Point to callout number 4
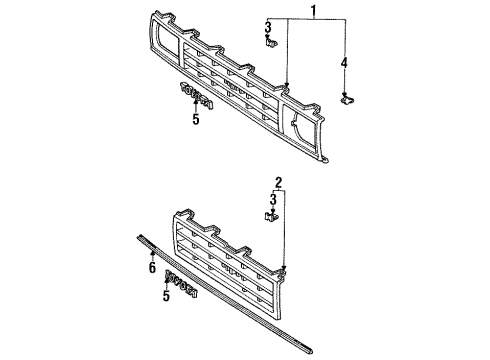pyautogui.click(x=344, y=65)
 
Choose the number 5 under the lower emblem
pyautogui.click(x=167, y=296)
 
